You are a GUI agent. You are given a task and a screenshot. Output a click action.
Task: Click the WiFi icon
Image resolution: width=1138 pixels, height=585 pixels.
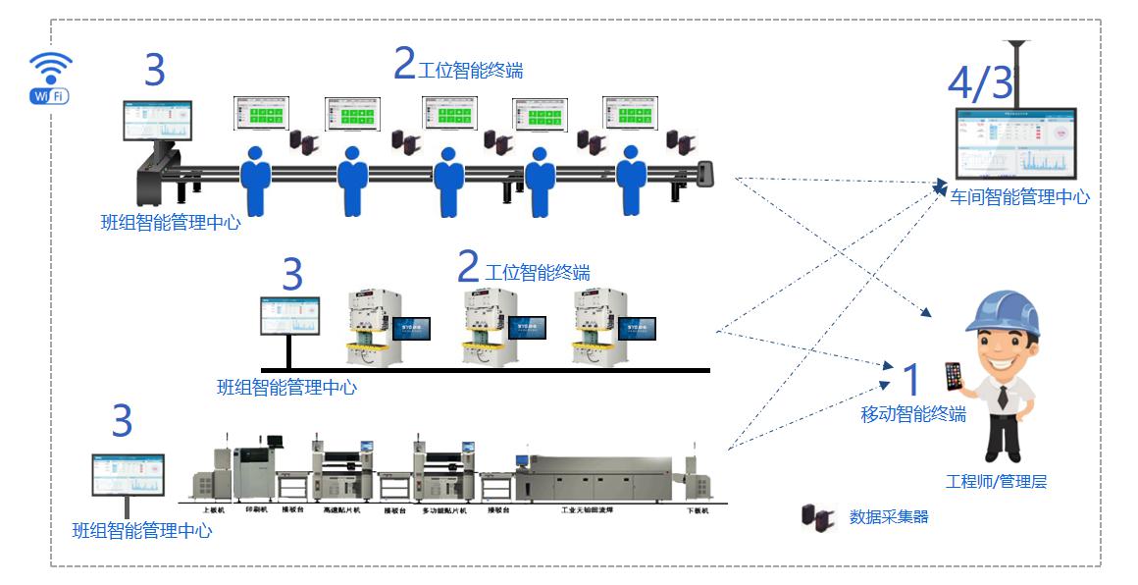(50, 77)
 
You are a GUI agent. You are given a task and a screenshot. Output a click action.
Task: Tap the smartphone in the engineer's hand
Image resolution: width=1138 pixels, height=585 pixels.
(953, 376)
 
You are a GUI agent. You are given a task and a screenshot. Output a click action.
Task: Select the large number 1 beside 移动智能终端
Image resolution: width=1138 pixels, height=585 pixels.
(911, 380)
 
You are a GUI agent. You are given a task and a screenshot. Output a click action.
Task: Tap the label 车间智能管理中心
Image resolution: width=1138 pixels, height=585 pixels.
(1019, 197)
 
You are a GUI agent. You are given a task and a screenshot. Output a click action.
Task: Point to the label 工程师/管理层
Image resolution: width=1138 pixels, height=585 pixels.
(996, 482)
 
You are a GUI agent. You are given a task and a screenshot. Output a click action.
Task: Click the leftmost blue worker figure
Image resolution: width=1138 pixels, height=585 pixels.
(255, 181)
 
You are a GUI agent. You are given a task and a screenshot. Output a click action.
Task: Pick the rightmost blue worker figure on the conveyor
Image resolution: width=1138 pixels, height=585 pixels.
(632, 181)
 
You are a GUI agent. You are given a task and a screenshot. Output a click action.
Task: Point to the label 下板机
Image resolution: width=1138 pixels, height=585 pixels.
(697, 510)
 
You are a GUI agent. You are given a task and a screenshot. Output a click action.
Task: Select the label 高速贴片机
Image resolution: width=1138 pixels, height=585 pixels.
(341, 510)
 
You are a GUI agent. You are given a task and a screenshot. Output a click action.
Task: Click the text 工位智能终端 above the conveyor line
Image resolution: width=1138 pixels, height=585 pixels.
(470, 71)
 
